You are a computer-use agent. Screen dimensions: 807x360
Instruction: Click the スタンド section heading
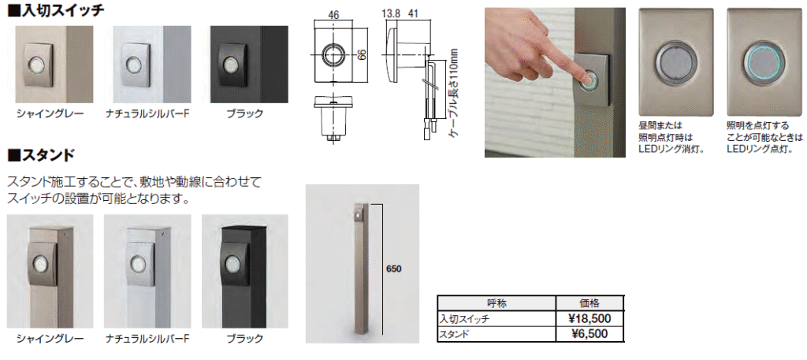point(41,154)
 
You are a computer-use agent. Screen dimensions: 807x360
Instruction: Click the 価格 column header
point(589,303)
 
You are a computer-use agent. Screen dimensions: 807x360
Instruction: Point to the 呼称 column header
point(496,303)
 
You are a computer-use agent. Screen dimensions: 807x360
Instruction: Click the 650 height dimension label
point(393,269)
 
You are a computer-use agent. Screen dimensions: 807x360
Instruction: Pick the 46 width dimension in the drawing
point(333,16)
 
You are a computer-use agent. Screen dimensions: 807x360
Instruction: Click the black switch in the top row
point(233,64)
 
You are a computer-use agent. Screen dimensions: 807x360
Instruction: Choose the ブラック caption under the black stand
point(244,339)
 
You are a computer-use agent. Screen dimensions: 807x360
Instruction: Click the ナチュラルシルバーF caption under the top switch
point(148,113)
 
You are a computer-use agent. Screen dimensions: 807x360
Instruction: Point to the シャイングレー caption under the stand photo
point(50,339)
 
